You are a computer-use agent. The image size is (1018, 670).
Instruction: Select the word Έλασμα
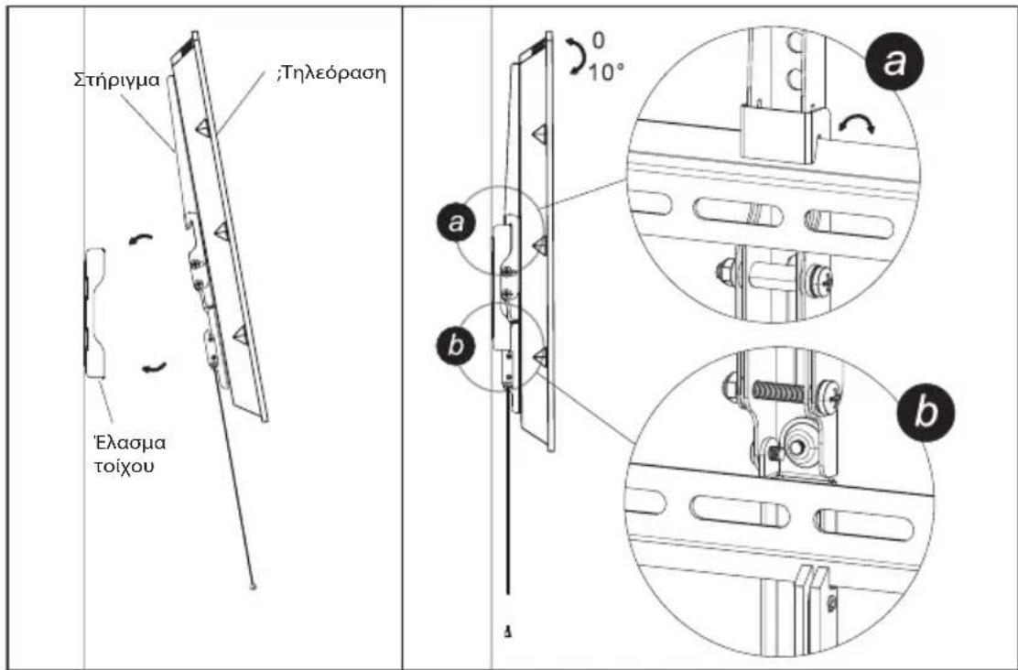pyautogui.click(x=128, y=443)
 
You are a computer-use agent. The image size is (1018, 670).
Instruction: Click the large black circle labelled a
pyautogui.click(x=893, y=64)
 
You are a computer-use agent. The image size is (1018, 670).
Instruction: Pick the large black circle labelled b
pyautogui.click(x=926, y=411)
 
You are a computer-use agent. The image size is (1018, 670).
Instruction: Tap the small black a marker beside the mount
pyautogui.click(x=457, y=222)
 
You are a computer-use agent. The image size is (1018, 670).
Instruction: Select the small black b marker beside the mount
pyautogui.click(x=457, y=345)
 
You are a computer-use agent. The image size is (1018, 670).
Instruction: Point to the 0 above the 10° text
pyautogui.click(x=598, y=40)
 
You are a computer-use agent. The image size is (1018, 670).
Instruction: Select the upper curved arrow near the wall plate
pyautogui.click(x=141, y=239)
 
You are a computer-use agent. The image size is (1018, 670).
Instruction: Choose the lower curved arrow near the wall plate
pyautogui.click(x=155, y=368)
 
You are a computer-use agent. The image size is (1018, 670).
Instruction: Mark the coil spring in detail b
pyautogui.click(x=779, y=392)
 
